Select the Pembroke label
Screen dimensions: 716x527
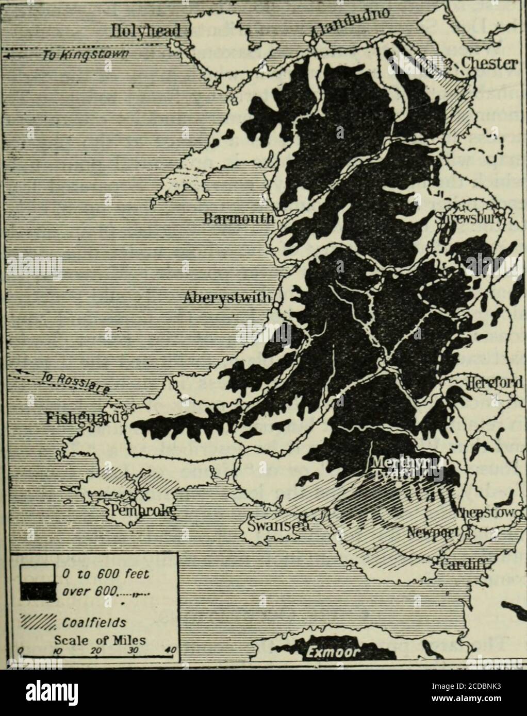point(142,510)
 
